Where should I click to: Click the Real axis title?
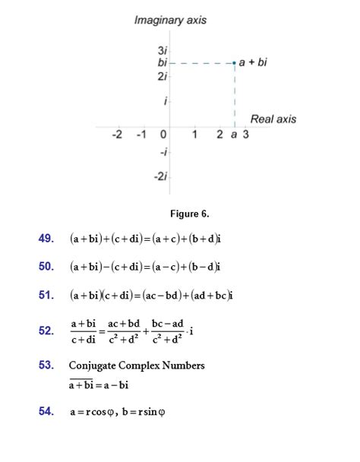tap(273, 119)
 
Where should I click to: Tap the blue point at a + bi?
tap(235, 62)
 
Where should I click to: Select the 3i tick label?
tap(163, 50)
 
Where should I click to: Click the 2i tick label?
tap(163, 77)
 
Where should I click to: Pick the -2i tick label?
tap(160, 176)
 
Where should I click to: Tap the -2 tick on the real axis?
tap(116, 135)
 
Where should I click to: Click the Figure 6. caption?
tap(189, 214)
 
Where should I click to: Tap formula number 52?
tap(46, 331)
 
